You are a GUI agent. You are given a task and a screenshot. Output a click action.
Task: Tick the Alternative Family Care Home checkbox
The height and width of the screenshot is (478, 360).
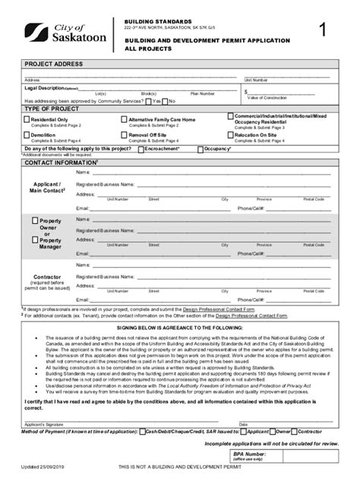click(124, 119)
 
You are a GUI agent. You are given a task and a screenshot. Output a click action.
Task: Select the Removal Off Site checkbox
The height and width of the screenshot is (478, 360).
click(124, 135)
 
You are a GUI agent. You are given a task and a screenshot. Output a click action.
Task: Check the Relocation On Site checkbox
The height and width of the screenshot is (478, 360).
click(229, 135)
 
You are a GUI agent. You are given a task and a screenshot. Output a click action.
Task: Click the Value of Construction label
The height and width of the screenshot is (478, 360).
click(265, 98)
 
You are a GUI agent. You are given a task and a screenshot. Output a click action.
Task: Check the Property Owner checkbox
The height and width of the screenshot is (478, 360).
click(34, 220)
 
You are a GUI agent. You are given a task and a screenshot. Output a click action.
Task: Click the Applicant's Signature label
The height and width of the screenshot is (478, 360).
click(43, 423)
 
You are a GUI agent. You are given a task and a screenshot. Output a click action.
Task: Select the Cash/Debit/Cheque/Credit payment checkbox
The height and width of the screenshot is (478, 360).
click(142, 431)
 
